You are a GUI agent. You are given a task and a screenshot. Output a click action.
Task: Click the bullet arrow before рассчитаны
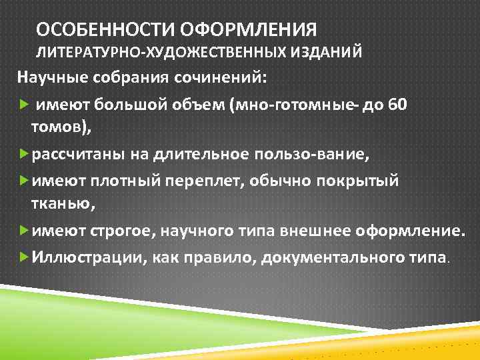point(24,155)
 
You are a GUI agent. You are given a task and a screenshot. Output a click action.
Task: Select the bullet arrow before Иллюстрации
point(24,256)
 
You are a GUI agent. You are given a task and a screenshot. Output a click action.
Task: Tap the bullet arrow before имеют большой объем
point(24,105)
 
